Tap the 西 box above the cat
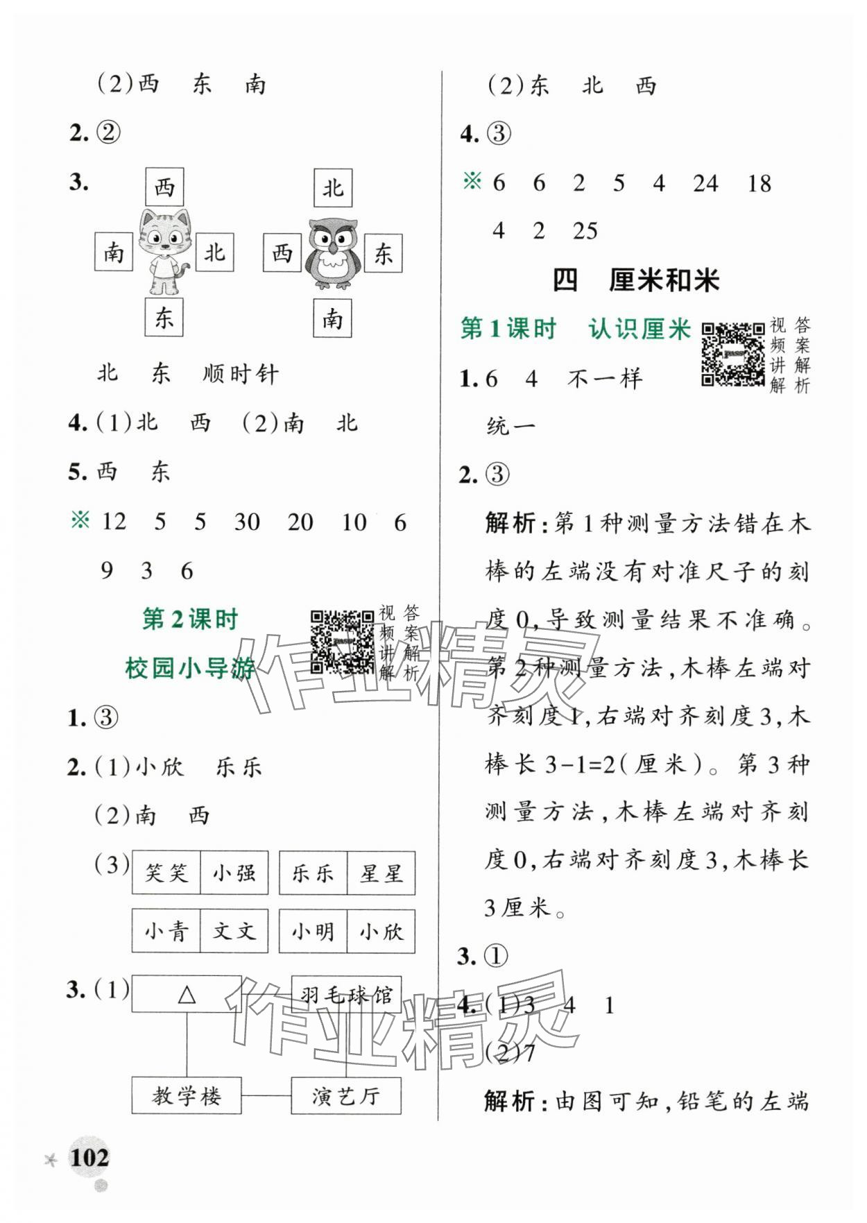164,187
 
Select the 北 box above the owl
333,187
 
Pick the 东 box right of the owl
383,253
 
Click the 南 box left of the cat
114,252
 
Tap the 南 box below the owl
332,318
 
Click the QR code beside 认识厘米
733,354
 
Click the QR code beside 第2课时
342,642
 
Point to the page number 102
89,1157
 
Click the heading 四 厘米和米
635,280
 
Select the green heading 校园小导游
190,669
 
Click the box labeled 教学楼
187,1096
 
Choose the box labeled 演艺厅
346,1096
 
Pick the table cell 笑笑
166,873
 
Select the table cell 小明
313,932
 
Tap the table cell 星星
381,873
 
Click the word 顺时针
241,375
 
